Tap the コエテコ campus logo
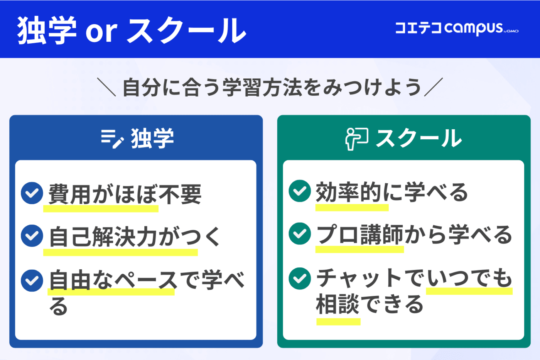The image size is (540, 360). pyautogui.click(x=457, y=29)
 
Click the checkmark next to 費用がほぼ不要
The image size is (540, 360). pyautogui.click(x=32, y=193)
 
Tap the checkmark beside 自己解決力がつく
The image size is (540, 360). pyautogui.click(x=32, y=236)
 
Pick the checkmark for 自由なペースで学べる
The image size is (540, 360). pyautogui.click(x=32, y=281)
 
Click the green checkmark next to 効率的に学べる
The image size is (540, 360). pyautogui.click(x=300, y=191)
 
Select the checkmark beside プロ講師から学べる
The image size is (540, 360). pyautogui.click(x=300, y=233)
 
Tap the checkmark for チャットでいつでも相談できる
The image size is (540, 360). pyautogui.click(x=300, y=279)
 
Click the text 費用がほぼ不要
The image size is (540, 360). pyautogui.click(x=125, y=194)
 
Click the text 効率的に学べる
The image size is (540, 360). pyautogui.click(x=392, y=192)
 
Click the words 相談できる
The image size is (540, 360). pyautogui.click(x=370, y=304)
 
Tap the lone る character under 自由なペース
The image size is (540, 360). pyautogui.click(x=58, y=306)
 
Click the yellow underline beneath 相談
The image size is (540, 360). pyautogui.click(x=339, y=322)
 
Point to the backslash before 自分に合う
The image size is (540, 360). pyautogui.click(x=106, y=87)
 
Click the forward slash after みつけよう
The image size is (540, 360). pyautogui.click(x=434, y=87)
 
